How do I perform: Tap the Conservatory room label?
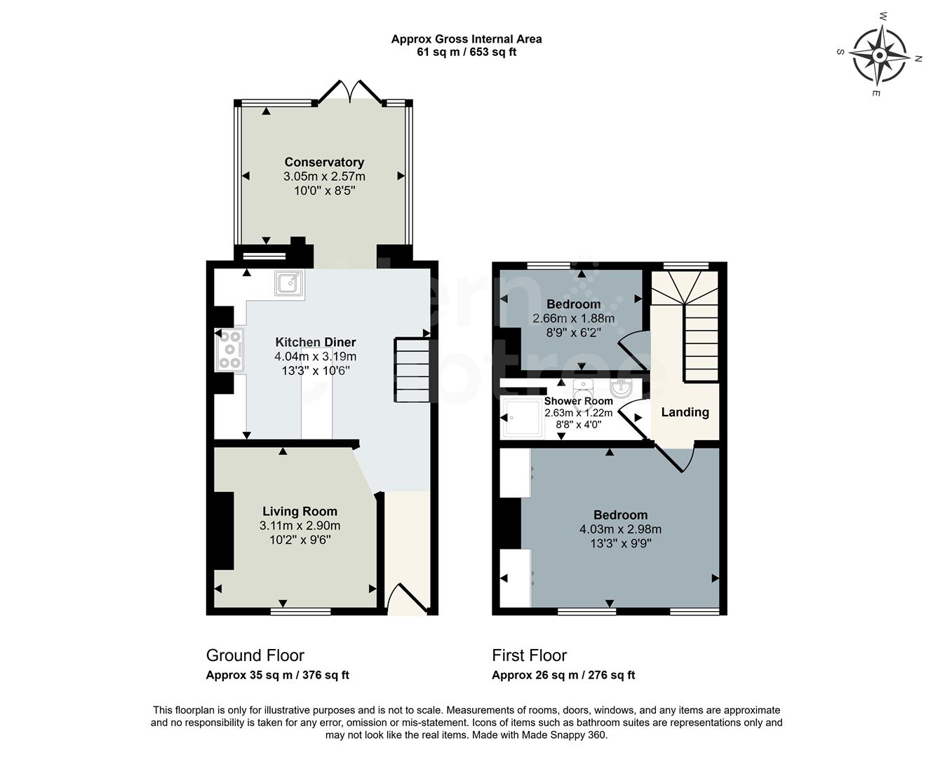324,163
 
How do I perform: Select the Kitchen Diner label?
315,342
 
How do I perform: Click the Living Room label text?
300,512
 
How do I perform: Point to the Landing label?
685,412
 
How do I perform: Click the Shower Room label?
578,401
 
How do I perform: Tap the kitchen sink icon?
289,284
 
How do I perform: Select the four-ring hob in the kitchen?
230,348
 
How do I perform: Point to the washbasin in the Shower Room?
621,388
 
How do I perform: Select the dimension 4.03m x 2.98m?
620,529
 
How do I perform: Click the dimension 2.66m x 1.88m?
573,318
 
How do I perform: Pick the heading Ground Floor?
255,655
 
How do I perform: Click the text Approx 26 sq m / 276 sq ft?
563,675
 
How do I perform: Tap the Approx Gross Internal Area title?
467,39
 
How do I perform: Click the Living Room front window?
300,612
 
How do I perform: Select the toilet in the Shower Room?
584,388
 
